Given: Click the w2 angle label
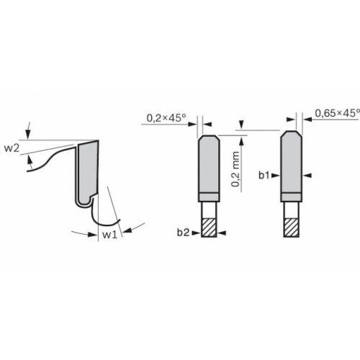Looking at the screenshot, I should [x=12, y=149].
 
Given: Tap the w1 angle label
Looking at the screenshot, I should [x=109, y=235].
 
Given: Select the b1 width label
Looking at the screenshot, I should [x=264, y=174].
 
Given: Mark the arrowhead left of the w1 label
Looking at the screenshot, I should [x=94, y=233].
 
